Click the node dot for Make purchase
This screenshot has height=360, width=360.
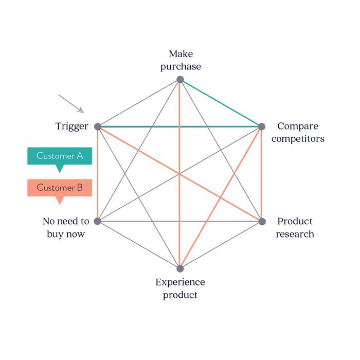coord(180,79)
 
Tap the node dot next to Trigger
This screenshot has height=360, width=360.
coord(98,127)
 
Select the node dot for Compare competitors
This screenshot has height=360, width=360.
coord(262,127)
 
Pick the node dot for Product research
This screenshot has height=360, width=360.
coord(262,221)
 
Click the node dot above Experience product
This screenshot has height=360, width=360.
coord(180,268)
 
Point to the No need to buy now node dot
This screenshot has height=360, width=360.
coord(98,221)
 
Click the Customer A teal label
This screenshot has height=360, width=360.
coord(60,156)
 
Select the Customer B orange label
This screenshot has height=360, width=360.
coord(60,188)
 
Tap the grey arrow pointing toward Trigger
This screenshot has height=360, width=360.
coord(71,103)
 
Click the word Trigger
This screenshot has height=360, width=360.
coord(72,126)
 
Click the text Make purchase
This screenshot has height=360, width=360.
coord(181,60)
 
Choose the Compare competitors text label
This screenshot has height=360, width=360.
coord(301,132)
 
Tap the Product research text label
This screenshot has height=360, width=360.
coord(295,227)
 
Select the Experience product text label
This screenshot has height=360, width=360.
coord(180,289)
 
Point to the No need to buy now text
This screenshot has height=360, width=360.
coord(66,227)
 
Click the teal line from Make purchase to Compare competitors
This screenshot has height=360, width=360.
coord(221,103)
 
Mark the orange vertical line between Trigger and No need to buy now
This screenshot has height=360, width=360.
coord(98,175)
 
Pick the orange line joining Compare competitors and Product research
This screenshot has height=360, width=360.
coord(262,175)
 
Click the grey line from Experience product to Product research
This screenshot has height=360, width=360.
coord(221,245)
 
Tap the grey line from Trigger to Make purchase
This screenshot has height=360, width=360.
coord(139,103)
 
